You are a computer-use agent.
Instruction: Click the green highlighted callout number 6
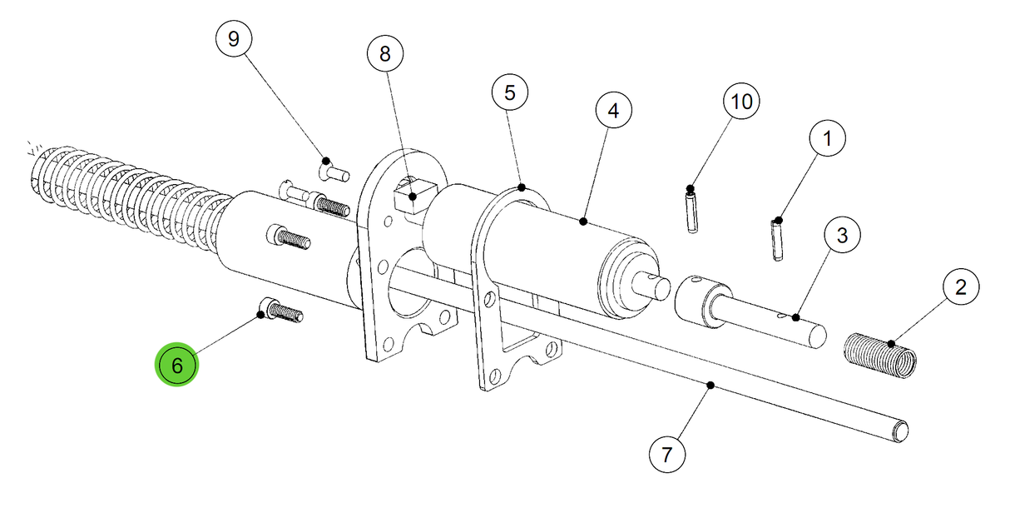pos(176,365)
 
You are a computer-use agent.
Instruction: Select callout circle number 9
pos(233,39)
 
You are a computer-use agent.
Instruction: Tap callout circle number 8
pos(384,54)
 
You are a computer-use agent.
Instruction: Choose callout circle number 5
pos(509,92)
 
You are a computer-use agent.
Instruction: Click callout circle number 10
pos(740,102)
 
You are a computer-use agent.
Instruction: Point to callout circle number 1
pos(826,140)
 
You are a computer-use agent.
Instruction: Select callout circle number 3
pos(842,236)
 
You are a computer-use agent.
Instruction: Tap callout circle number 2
pos(961,288)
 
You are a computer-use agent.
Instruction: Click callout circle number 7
pos(666,455)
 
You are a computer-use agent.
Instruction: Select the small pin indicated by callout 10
pos(692,212)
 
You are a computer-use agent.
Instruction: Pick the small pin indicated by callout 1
pos(778,240)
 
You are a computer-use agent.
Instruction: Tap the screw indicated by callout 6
pos(281,311)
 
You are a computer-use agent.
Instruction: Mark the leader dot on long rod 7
pos(710,384)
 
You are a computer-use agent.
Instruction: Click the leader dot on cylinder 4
pos(583,222)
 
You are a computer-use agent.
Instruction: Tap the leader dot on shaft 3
pos(795,316)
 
